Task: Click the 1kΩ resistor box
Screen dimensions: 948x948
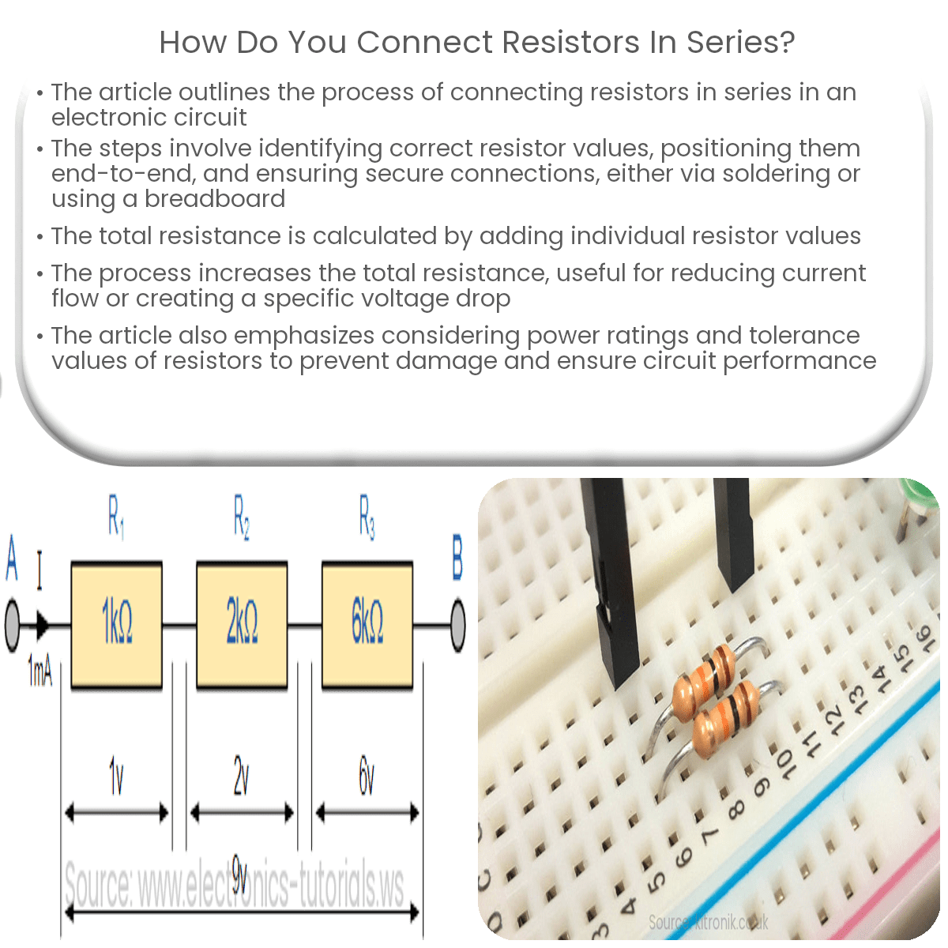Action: [x=117, y=624]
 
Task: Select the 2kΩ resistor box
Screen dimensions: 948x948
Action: [x=242, y=624]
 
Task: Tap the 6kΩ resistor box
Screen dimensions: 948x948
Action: [x=367, y=624]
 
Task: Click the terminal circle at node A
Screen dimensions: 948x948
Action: [x=12, y=626]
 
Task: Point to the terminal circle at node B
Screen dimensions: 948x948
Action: [x=457, y=626]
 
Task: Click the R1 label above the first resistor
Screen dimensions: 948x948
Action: [x=116, y=517]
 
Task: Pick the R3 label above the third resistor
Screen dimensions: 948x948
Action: [x=367, y=517]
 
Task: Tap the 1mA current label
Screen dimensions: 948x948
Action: [x=39, y=671]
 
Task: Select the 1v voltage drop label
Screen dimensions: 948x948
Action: [x=116, y=777]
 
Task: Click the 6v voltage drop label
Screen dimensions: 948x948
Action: [x=367, y=777]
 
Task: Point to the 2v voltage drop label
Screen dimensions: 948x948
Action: [x=241, y=777]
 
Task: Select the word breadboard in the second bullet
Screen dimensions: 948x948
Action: [x=215, y=198]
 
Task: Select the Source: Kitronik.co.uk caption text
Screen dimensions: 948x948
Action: [x=708, y=922]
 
